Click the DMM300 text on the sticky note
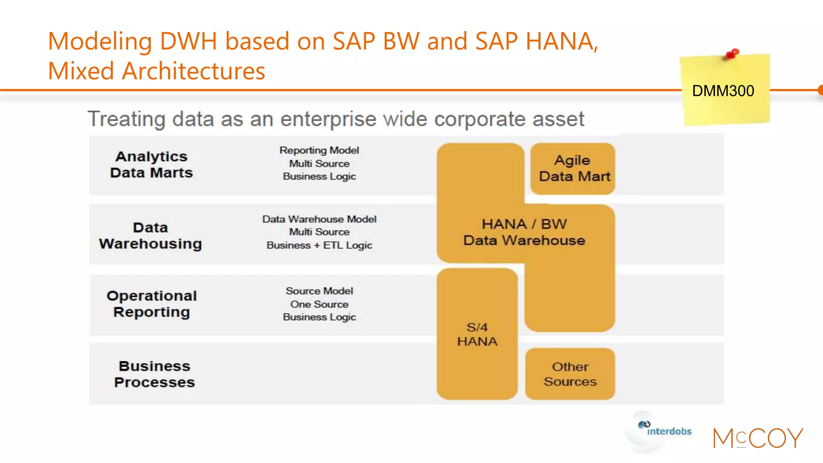point(723,91)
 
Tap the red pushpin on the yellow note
point(732,54)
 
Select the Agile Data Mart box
point(573,168)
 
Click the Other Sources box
point(570,374)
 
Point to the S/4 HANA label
point(477,334)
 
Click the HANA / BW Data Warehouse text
point(524,232)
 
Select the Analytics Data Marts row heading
point(151,164)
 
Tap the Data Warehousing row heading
point(151,236)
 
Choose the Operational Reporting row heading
point(152,304)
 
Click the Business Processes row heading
point(154,374)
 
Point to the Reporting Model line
point(319,150)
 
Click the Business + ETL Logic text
point(319,245)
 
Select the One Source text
point(319,304)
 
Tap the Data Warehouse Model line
point(319,219)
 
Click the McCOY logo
point(758,438)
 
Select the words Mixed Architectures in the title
point(156,71)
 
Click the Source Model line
point(319,291)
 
